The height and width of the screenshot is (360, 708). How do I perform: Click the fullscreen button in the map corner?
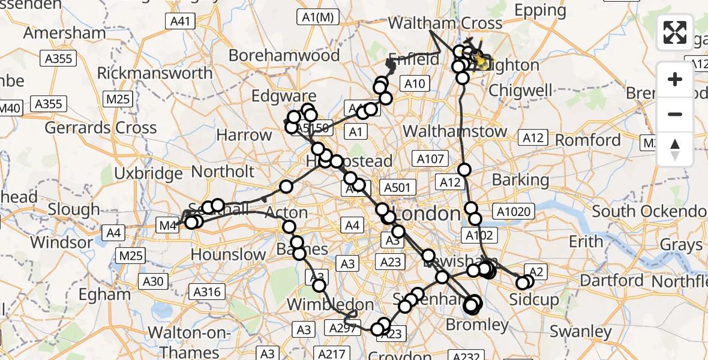[675, 32]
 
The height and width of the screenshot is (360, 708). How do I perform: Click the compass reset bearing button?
[675, 149]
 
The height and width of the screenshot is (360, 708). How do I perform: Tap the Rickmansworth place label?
[155, 73]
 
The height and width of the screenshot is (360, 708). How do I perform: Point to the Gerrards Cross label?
[101, 127]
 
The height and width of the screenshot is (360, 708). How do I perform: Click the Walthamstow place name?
[455, 131]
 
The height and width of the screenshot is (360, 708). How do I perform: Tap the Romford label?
[588, 140]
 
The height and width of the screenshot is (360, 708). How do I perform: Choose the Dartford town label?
[612, 280]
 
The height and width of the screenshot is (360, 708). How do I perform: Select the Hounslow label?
[228, 254]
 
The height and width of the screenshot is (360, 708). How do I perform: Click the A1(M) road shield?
[317, 18]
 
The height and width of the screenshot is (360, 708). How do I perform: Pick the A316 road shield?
[208, 292]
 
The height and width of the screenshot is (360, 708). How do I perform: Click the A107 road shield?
[430, 159]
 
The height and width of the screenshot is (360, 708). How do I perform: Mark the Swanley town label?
[581, 331]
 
